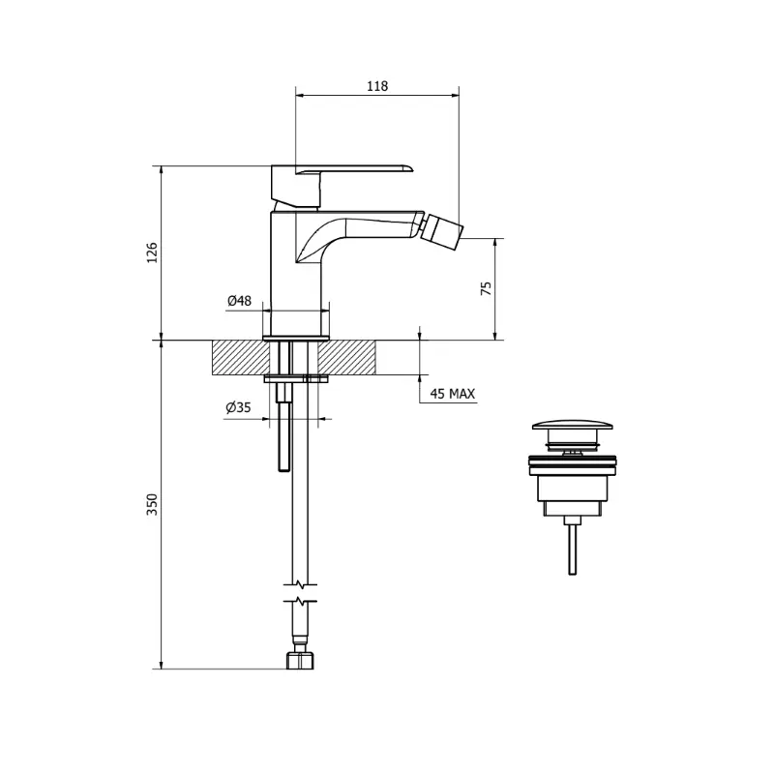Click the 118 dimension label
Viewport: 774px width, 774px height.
pyautogui.click(x=377, y=86)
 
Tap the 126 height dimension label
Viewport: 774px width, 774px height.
pyautogui.click(x=152, y=253)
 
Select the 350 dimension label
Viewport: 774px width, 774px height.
pyautogui.click(x=152, y=504)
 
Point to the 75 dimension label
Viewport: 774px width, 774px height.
pyautogui.click(x=487, y=288)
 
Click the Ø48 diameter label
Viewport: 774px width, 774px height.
pyautogui.click(x=239, y=300)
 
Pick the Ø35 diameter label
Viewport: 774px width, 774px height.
pyautogui.click(x=238, y=407)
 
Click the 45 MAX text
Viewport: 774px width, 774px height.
pyautogui.click(x=453, y=394)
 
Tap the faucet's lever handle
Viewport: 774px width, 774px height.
pyautogui.click(x=342, y=169)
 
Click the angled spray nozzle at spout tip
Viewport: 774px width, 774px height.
pyautogui.click(x=443, y=227)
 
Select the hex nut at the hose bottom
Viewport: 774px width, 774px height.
pyautogui.click(x=300, y=661)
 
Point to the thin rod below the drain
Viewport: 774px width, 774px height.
pyautogui.click(x=572, y=549)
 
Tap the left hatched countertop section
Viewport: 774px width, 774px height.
pyautogui.click(x=241, y=357)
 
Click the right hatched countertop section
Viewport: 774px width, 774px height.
pyautogui.click(x=346, y=357)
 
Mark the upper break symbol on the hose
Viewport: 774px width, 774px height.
pyautogui.click(x=300, y=585)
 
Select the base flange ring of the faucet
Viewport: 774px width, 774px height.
pyautogui.click(x=296, y=338)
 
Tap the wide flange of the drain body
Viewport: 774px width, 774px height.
pyautogui.click(x=573, y=461)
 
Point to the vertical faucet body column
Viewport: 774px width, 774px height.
pyautogui.click(x=296, y=274)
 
